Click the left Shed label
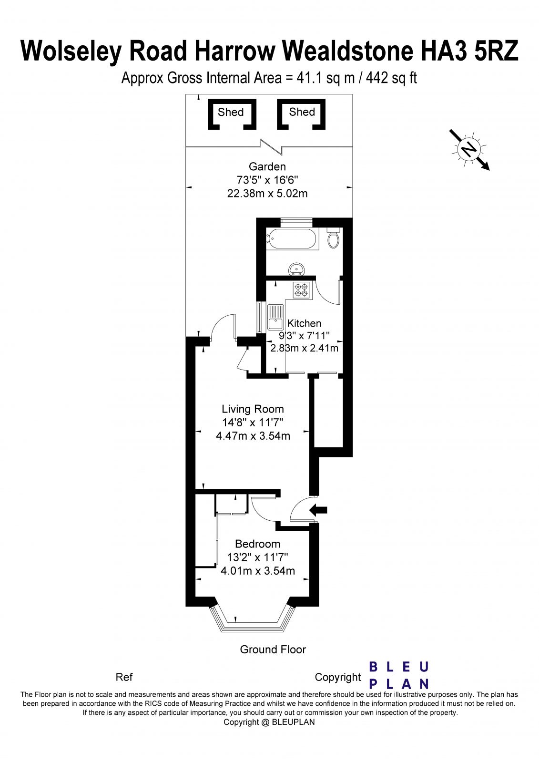coord(231,112)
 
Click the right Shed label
coord(302,112)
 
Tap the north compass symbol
coord(468,150)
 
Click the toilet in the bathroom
coord(334,238)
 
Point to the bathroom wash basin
coord(297,269)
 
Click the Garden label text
coord(267,166)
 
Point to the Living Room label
coord(253,409)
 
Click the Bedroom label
coord(257,544)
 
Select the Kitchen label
coord(304,323)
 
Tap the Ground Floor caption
coord(273,649)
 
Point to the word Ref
coord(124,677)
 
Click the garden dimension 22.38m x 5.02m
coord(267,194)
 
